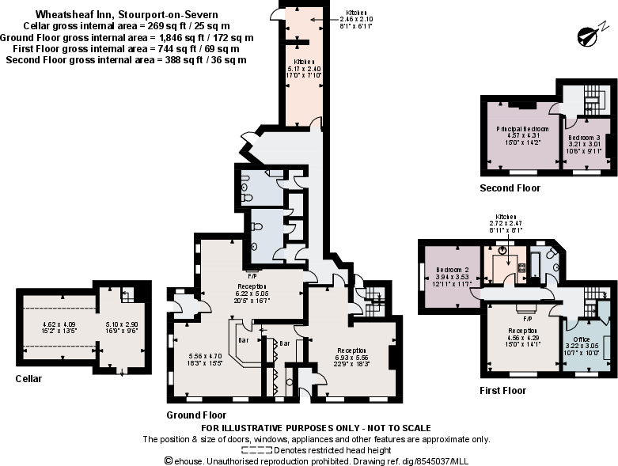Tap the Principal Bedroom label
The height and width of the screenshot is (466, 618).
pyautogui.click(x=522, y=128)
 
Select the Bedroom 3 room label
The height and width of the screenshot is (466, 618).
pyautogui.click(x=586, y=138)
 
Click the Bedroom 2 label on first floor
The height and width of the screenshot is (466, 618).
pyautogui.click(x=453, y=270)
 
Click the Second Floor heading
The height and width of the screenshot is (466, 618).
pyautogui.click(x=510, y=188)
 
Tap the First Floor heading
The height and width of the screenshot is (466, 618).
pyautogui.click(x=502, y=390)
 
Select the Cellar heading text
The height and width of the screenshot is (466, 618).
pyautogui.click(x=28, y=379)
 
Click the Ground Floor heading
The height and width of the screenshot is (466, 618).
pyautogui.click(x=196, y=415)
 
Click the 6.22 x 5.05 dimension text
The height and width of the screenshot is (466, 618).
pyautogui.click(x=251, y=293)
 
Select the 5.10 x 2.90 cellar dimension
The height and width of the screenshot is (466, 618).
pyautogui.click(x=121, y=324)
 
